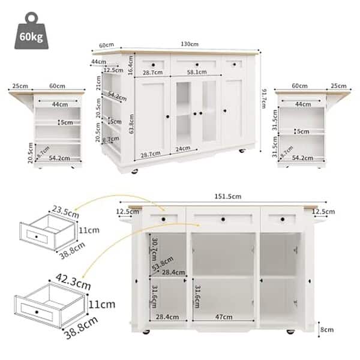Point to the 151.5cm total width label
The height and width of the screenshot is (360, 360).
tap(229, 196)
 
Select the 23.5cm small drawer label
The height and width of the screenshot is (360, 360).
tap(49, 211)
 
